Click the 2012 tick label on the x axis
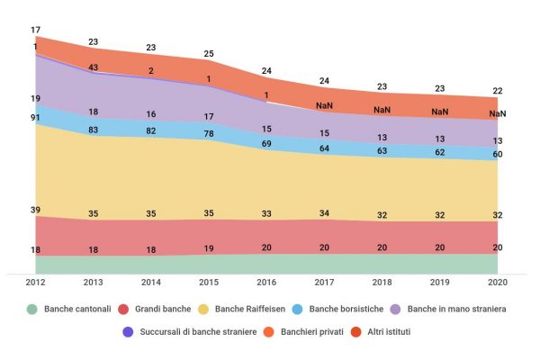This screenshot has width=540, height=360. [36, 283]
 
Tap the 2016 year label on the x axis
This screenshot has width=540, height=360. [266, 283]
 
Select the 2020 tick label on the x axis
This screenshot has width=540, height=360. [497, 283]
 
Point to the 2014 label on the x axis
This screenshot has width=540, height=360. [151, 283]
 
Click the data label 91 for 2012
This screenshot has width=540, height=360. [35, 116]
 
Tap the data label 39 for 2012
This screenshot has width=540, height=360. [35, 210]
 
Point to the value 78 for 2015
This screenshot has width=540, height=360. [209, 134]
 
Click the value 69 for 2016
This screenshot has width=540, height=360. [266, 144]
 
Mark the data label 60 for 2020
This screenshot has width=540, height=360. [497, 155]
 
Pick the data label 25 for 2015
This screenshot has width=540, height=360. [209, 54]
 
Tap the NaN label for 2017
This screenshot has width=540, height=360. [324, 106]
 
